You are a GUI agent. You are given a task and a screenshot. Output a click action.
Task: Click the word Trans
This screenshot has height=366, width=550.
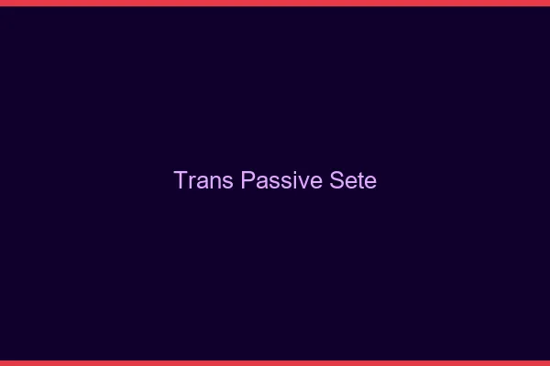click(204, 180)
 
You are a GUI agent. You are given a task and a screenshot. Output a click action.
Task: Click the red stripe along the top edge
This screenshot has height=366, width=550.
click(275, 3)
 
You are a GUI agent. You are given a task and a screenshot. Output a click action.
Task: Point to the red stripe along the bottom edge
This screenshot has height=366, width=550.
click(275, 363)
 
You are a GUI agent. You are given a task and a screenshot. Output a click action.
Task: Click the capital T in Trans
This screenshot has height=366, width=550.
click(181, 180)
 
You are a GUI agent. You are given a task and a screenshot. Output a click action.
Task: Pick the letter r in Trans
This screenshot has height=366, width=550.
click(192, 182)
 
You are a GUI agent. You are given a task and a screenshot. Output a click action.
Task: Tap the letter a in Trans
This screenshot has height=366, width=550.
click(202, 182)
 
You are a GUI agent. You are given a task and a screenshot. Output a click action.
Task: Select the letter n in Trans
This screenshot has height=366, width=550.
click(214, 182)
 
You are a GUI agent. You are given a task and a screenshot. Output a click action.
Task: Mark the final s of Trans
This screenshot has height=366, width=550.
click(226, 182)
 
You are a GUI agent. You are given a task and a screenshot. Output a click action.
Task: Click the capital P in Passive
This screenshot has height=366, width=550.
click(248, 180)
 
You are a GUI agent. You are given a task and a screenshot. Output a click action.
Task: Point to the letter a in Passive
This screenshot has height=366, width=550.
click(261, 182)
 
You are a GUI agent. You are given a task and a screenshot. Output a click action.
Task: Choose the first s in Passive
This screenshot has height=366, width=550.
click(273, 182)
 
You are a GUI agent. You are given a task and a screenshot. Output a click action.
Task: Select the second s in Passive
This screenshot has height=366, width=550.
click(284, 182)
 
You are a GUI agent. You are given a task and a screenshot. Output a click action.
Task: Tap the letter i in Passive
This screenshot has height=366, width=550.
click(292, 180)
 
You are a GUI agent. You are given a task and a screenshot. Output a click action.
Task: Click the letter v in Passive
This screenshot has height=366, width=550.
click(301, 182)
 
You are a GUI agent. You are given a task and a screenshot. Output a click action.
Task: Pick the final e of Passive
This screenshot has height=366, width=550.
click(312, 182)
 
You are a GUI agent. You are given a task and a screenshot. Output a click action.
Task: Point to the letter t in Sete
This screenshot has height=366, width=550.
click(357, 181)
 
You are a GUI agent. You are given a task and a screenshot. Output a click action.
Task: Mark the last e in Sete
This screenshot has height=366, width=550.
click(369, 182)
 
